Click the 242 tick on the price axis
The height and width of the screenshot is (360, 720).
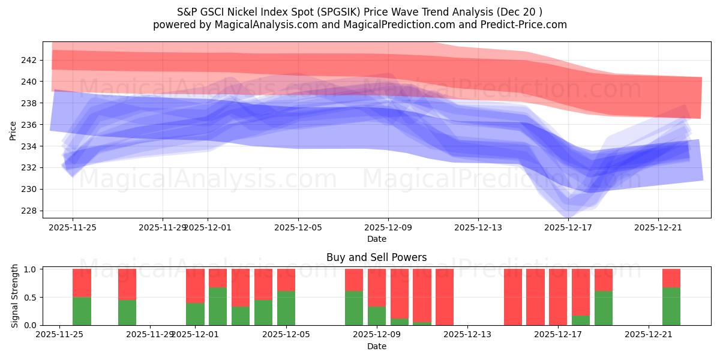point(29,60)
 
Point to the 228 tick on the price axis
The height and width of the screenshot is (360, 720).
point(29,211)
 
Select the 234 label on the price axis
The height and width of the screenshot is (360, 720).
point(29,146)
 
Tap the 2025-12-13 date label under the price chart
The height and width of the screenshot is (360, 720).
point(478,228)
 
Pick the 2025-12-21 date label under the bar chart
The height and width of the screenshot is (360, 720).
point(649,335)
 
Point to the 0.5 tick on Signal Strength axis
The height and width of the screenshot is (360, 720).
point(29,298)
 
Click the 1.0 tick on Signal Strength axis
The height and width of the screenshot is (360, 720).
point(29,269)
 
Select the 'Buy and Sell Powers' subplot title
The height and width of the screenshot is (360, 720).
point(376,257)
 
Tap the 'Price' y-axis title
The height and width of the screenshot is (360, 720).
point(13,130)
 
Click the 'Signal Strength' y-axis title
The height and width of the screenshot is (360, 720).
point(15,297)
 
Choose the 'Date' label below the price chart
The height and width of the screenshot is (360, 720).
point(376,239)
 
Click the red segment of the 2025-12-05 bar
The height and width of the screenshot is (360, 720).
point(286,280)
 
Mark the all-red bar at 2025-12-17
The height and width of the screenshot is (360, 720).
point(558,297)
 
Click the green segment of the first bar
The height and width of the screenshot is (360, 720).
point(82,311)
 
